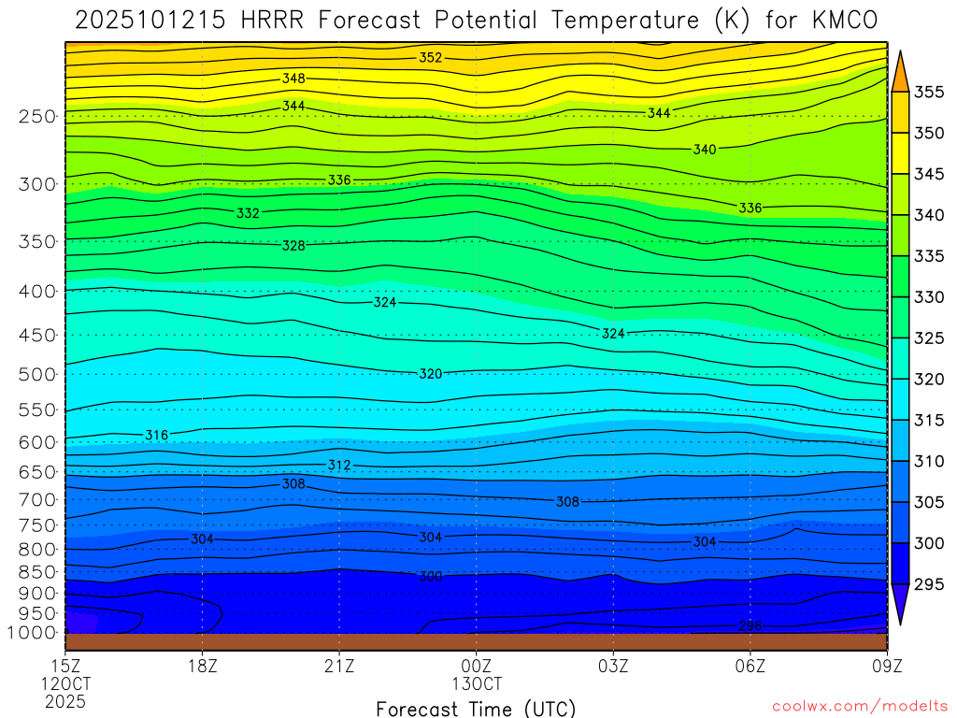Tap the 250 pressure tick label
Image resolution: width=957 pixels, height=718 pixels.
(37, 117)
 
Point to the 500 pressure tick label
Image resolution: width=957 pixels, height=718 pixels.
(37, 375)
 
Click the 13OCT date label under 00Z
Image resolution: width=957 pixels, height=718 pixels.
(477, 683)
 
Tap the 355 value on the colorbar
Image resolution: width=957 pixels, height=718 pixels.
(929, 92)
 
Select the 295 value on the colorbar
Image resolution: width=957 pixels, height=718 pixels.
(929, 584)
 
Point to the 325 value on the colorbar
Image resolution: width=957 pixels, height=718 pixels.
(929, 338)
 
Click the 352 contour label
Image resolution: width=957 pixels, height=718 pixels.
(430, 58)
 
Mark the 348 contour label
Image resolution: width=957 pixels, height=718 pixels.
(293, 79)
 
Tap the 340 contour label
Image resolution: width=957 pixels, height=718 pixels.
(705, 150)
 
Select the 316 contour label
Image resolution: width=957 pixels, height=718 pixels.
(156, 436)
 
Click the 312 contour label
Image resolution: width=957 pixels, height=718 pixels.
(338, 465)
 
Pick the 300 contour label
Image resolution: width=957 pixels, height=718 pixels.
(430, 577)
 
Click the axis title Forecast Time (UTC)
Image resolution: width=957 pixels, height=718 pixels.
(476, 708)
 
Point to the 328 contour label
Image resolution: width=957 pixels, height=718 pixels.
(293, 246)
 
